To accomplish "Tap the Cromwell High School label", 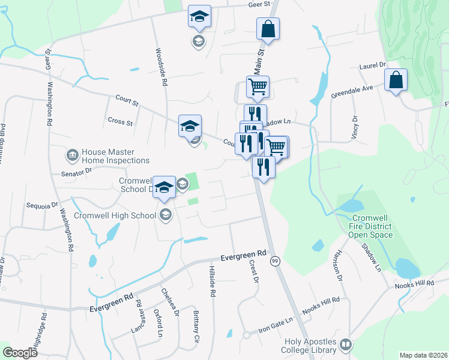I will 115,215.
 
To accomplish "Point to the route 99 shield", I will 275,261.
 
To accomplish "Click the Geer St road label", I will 260,4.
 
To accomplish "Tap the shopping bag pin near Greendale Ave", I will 396,81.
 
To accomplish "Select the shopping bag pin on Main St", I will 268,29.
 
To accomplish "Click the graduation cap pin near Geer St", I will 199,17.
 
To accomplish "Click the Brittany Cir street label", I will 196,326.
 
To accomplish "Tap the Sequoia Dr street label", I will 41,205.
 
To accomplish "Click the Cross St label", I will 120,122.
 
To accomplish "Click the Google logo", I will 20,352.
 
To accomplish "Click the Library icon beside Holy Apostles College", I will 345,344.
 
